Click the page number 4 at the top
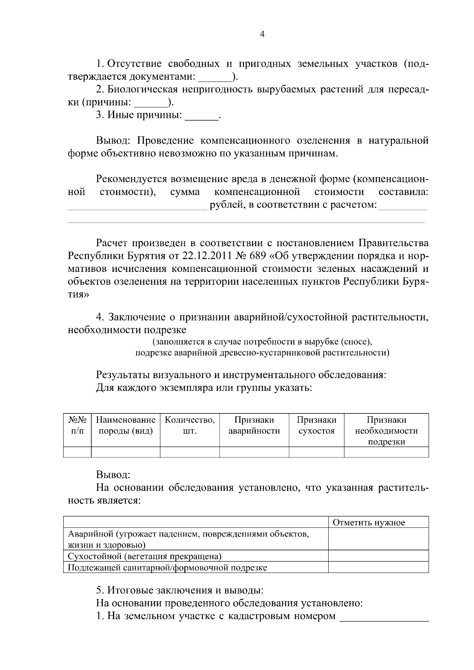pyautogui.click(x=262, y=34)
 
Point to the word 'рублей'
pyautogui.click(x=225, y=205)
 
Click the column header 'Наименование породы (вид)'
pyautogui.click(x=126, y=425)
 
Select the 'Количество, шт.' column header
pyautogui.click(x=190, y=425)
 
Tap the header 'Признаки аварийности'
pyautogui.click(x=254, y=425)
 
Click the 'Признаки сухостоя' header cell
pyautogui.click(x=316, y=425)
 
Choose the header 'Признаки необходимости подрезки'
pyautogui.click(x=386, y=430)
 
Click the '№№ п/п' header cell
pyautogui.click(x=77, y=425)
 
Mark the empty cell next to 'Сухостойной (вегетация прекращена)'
pyautogui.click(x=378, y=556)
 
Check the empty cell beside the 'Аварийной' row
pyautogui.click(x=378, y=539)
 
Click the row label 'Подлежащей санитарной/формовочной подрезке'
pyautogui.click(x=167, y=568)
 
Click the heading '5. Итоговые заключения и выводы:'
pyautogui.click(x=180, y=590)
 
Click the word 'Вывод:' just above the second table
pyautogui.click(x=113, y=475)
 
